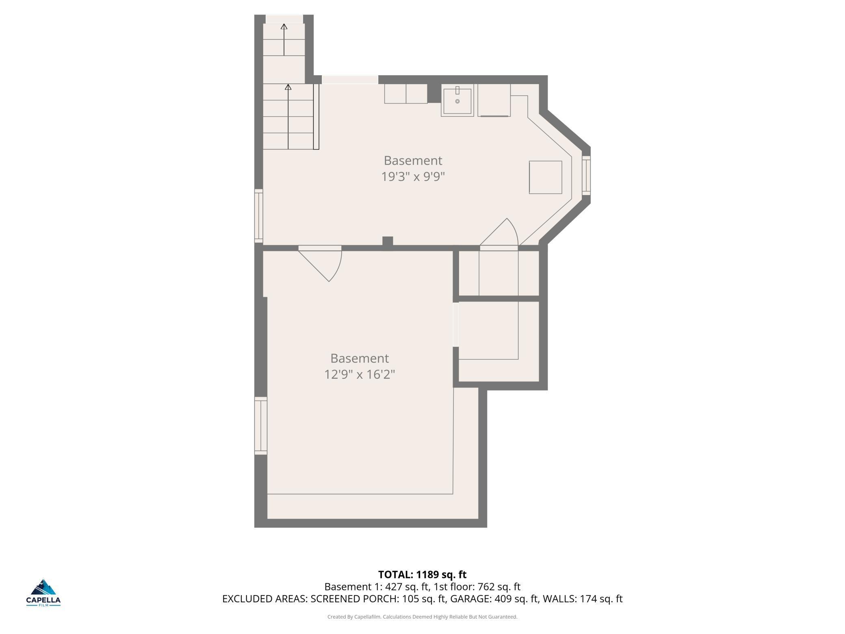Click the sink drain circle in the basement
(457, 101)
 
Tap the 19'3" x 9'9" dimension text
(413, 177)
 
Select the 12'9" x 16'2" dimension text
(360, 374)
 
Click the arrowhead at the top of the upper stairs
(284, 27)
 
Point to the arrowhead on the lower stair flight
(288, 87)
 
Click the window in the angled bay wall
(586, 175)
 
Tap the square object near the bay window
(545, 177)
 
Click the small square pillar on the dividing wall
(388, 241)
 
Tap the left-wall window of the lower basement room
(261, 425)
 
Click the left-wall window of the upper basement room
(259, 216)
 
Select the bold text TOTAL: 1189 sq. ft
(422, 574)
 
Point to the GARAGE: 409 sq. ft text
(494, 599)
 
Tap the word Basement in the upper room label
(413, 161)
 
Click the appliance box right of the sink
(494, 100)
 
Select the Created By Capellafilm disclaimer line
(422, 617)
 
